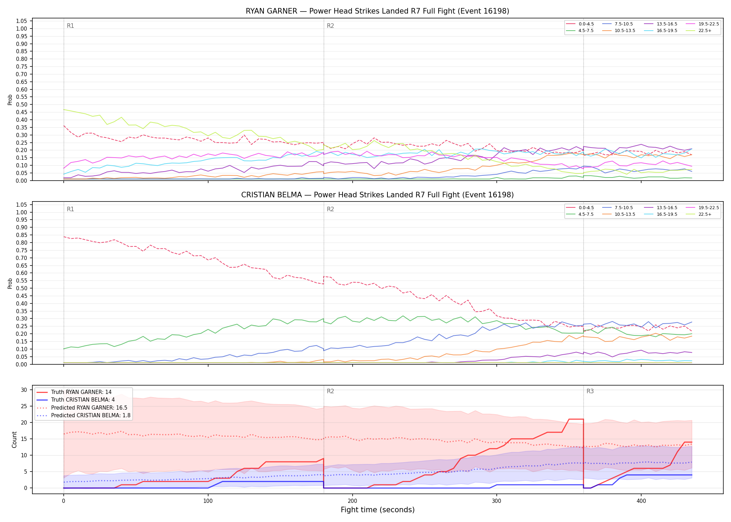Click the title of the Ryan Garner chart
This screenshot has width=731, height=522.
point(377,11)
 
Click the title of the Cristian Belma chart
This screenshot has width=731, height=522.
point(377,195)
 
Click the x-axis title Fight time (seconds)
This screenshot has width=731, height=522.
point(378,510)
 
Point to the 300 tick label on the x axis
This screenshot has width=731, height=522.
point(497,501)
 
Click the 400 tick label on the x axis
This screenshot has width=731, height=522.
point(641,501)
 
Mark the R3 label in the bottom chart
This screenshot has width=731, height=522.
point(590,391)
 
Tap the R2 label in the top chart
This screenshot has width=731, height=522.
point(330,26)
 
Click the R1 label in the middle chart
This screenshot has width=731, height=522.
point(70,209)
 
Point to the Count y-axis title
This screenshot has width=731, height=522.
point(14,440)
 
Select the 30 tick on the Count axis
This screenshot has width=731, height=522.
point(24,390)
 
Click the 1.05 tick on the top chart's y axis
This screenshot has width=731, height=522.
point(22,21)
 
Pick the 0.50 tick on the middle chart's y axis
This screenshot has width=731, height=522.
point(22,288)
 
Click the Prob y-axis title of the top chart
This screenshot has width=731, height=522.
point(10,100)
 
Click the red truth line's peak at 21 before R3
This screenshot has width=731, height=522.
point(576,419)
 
